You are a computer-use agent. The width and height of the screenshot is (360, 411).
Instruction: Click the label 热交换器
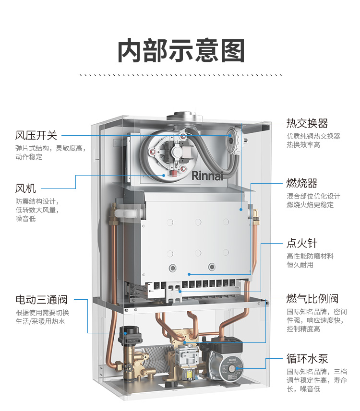click(307, 123)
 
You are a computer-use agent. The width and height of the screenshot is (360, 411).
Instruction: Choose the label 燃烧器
click(302, 183)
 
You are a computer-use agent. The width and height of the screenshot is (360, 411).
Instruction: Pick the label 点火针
click(302, 243)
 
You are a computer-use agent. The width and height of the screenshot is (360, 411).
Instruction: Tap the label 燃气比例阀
click(312, 299)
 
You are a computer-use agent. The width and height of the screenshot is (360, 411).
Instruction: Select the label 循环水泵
click(307, 359)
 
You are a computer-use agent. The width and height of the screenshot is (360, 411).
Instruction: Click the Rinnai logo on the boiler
click(207, 176)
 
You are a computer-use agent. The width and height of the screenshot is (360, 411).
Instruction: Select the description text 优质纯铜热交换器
click(313, 136)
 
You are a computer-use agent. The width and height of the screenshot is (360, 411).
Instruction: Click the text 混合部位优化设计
click(313, 196)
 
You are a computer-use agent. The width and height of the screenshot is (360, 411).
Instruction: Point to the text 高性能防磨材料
click(310, 256)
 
